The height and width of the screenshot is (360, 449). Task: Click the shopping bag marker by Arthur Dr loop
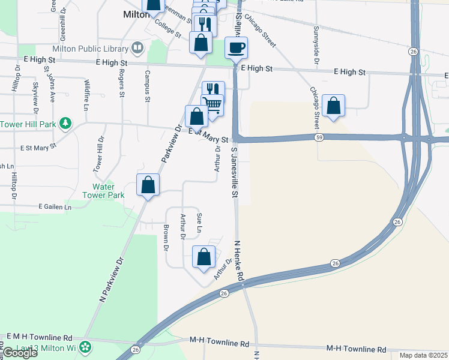(x=204, y=256)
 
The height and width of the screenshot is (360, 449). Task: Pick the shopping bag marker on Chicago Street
(x=333, y=105)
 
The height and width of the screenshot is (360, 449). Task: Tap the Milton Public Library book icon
(x=137, y=48)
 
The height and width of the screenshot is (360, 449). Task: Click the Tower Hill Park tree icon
(x=65, y=124)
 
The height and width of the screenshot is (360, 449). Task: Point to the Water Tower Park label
(x=108, y=191)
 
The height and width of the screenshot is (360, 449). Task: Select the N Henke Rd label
(x=238, y=261)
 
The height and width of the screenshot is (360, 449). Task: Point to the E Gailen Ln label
(x=55, y=206)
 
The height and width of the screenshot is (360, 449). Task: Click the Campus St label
(x=147, y=85)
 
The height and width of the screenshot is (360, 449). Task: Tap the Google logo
(x=20, y=353)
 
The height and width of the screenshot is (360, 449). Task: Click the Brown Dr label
(x=166, y=237)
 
